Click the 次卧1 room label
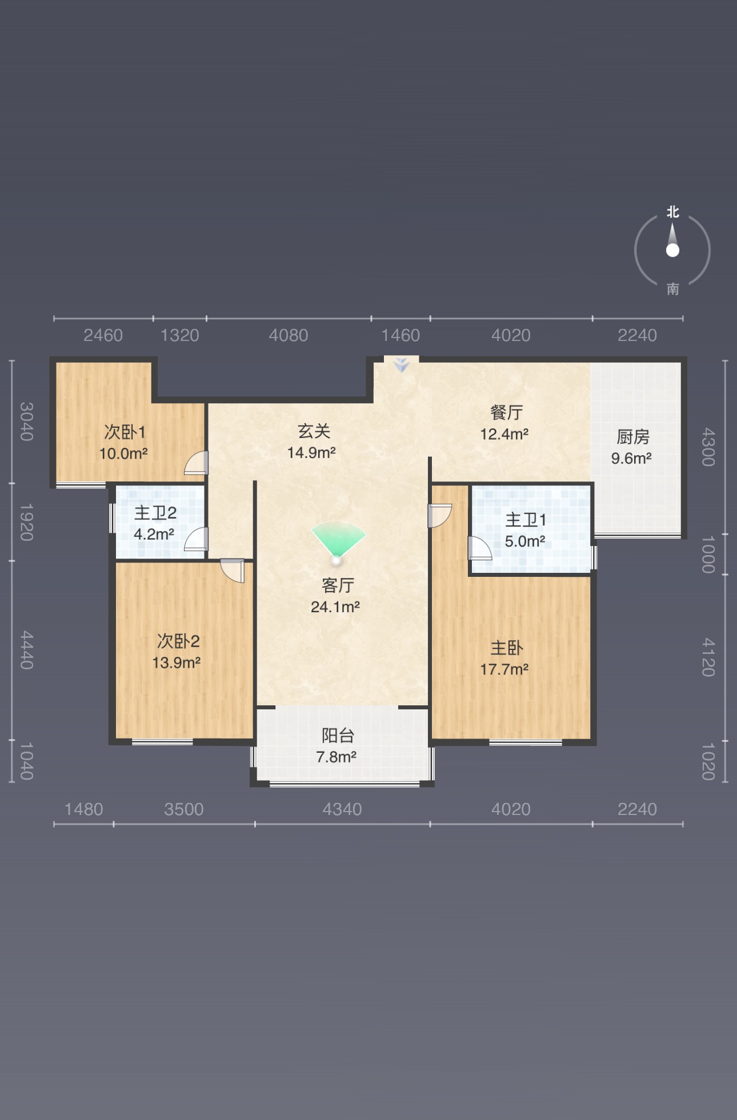(125, 432)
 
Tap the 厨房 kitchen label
(633, 437)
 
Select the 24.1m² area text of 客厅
(335, 607)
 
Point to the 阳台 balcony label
(338, 735)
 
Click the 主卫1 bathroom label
(526, 520)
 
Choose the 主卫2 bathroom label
(155, 513)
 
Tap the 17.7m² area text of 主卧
(504, 669)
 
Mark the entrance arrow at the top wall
(402, 364)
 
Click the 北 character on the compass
(673, 212)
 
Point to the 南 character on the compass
(673, 289)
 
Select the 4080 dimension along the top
(289, 335)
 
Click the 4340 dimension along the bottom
(342, 809)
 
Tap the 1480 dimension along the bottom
(83, 809)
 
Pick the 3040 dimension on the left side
(26, 421)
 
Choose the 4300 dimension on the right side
(708, 447)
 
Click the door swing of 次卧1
(196, 463)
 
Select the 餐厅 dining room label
(507, 412)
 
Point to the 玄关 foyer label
(314, 431)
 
